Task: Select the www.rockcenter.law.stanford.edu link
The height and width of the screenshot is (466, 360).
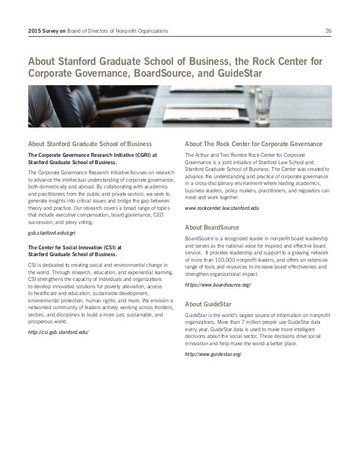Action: (222, 209)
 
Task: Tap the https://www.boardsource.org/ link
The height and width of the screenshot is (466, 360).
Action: (218, 285)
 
